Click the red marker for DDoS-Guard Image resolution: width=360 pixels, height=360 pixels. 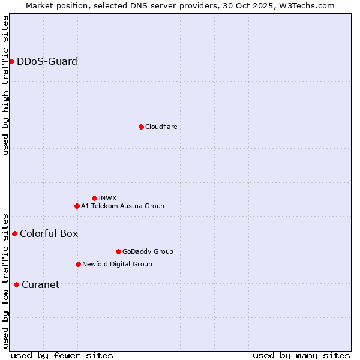pyautogui.click(x=11, y=61)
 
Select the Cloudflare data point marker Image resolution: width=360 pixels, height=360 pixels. pyautogui.click(x=141, y=127)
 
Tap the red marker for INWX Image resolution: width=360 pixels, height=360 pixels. pyautogui.click(x=94, y=198)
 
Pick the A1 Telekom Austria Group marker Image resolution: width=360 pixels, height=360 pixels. pyautogui.click(x=77, y=206)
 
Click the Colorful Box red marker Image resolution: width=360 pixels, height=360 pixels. pyautogui.click(x=14, y=233)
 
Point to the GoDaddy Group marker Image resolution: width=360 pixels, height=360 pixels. pyautogui.click(x=118, y=251)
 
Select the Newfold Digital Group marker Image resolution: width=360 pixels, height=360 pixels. pyautogui.click(x=78, y=264)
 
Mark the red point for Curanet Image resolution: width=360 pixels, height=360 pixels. pyautogui.click(x=16, y=284)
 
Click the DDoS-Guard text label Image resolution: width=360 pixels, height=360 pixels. pyautogui.click(x=47, y=61)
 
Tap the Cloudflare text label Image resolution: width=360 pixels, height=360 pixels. pyautogui.click(x=161, y=127)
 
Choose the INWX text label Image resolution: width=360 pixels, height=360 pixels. pyautogui.click(x=107, y=198)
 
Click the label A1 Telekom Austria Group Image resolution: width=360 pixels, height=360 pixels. pyautogui.click(x=122, y=206)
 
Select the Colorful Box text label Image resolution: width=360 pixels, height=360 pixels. pyautogui.click(x=49, y=233)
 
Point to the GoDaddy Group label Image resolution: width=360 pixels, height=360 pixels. pyautogui.click(x=148, y=251)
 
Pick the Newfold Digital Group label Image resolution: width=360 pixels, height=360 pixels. pyautogui.click(x=117, y=264)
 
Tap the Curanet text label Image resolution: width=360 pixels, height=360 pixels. pyautogui.click(x=40, y=284)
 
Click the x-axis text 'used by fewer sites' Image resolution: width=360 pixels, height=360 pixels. pyautogui.click(x=62, y=355)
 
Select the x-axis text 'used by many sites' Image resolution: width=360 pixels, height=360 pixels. pyautogui.click(x=301, y=355)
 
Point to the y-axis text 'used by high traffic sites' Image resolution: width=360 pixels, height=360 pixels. pyautogui.click(x=6, y=85)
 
